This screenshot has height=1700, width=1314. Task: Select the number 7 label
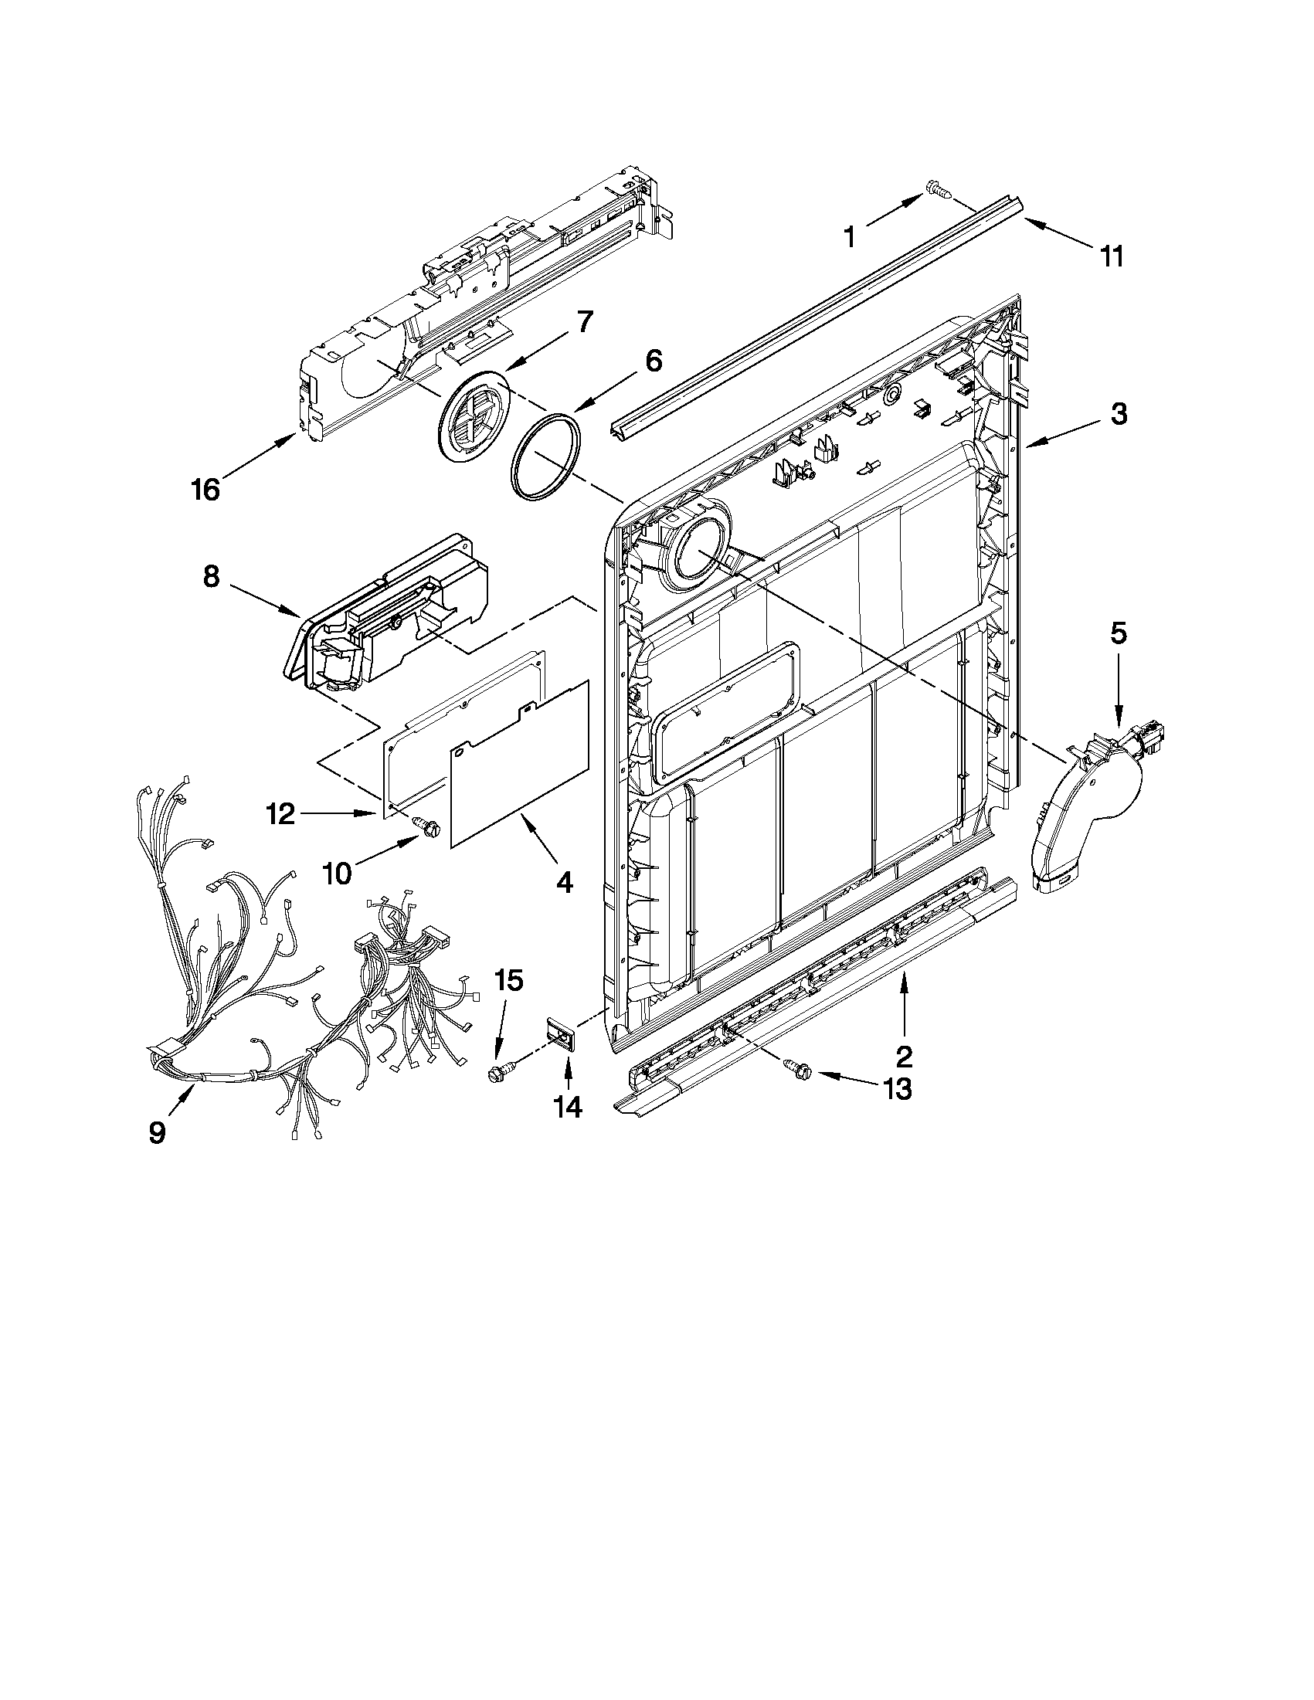point(583,321)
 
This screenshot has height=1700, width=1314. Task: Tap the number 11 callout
point(1112,256)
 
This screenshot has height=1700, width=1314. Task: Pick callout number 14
point(569,1107)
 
